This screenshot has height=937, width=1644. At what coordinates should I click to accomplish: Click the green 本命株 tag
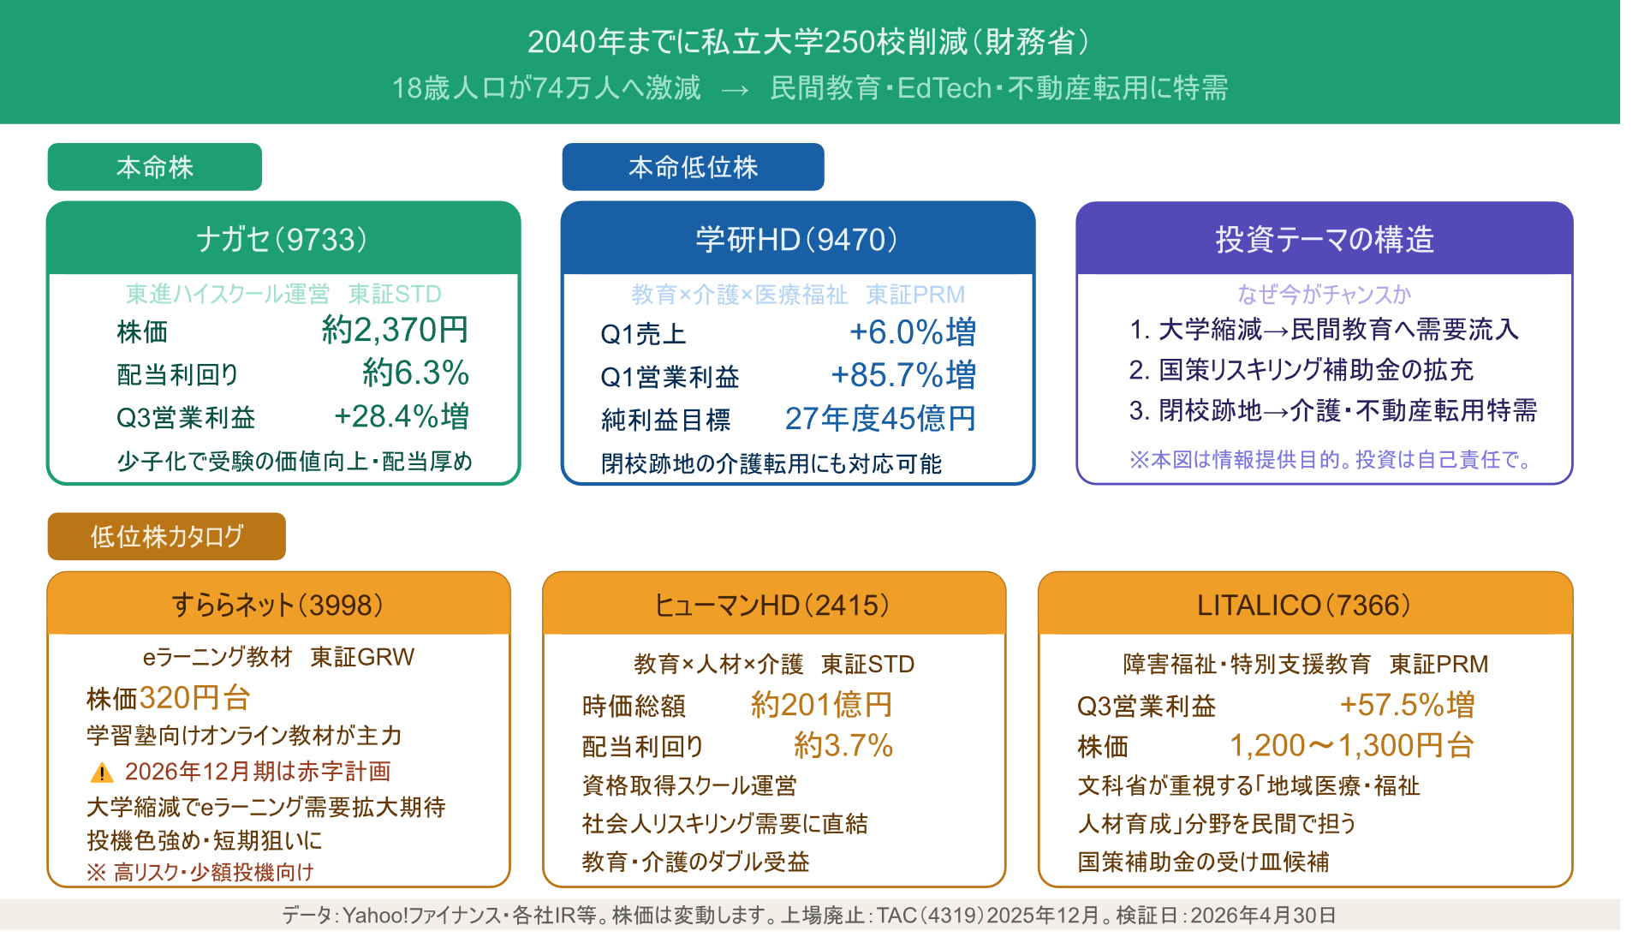tap(155, 167)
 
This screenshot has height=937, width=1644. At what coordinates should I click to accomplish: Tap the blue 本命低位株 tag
tap(693, 167)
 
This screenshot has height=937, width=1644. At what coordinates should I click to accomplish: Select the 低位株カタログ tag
tap(167, 536)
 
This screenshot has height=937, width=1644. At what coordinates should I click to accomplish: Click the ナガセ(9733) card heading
tap(282, 239)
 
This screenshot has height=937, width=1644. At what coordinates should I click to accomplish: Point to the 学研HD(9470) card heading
tap(796, 239)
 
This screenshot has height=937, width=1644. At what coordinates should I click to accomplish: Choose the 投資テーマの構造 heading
tap(1325, 239)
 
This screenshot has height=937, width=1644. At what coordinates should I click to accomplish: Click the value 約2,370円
tap(396, 330)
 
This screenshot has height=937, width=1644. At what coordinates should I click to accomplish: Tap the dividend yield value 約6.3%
tap(416, 373)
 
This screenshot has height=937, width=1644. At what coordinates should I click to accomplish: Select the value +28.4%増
tap(402, 416)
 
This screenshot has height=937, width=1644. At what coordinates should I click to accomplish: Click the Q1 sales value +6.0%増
tap(913, 332)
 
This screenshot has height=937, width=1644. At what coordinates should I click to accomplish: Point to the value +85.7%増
tap(903, 375)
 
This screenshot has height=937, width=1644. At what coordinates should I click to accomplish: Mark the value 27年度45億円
tap(881, 418)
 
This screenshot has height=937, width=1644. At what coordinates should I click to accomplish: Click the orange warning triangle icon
tap(102, 773)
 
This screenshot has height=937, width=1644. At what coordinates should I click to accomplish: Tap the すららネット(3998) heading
tap(277, 606)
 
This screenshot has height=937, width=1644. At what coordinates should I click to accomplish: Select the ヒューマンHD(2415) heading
tap(772, 606)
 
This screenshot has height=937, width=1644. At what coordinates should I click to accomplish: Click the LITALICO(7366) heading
tap(1304, 606)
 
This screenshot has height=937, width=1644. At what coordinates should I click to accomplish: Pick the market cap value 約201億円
tap(822, 705)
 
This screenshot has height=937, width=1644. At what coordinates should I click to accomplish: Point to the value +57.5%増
tap(1408, 705)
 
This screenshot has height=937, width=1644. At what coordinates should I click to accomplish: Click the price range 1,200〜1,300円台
tap(1352, 746)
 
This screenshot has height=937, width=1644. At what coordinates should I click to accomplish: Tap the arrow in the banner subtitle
tap(736, 89)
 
